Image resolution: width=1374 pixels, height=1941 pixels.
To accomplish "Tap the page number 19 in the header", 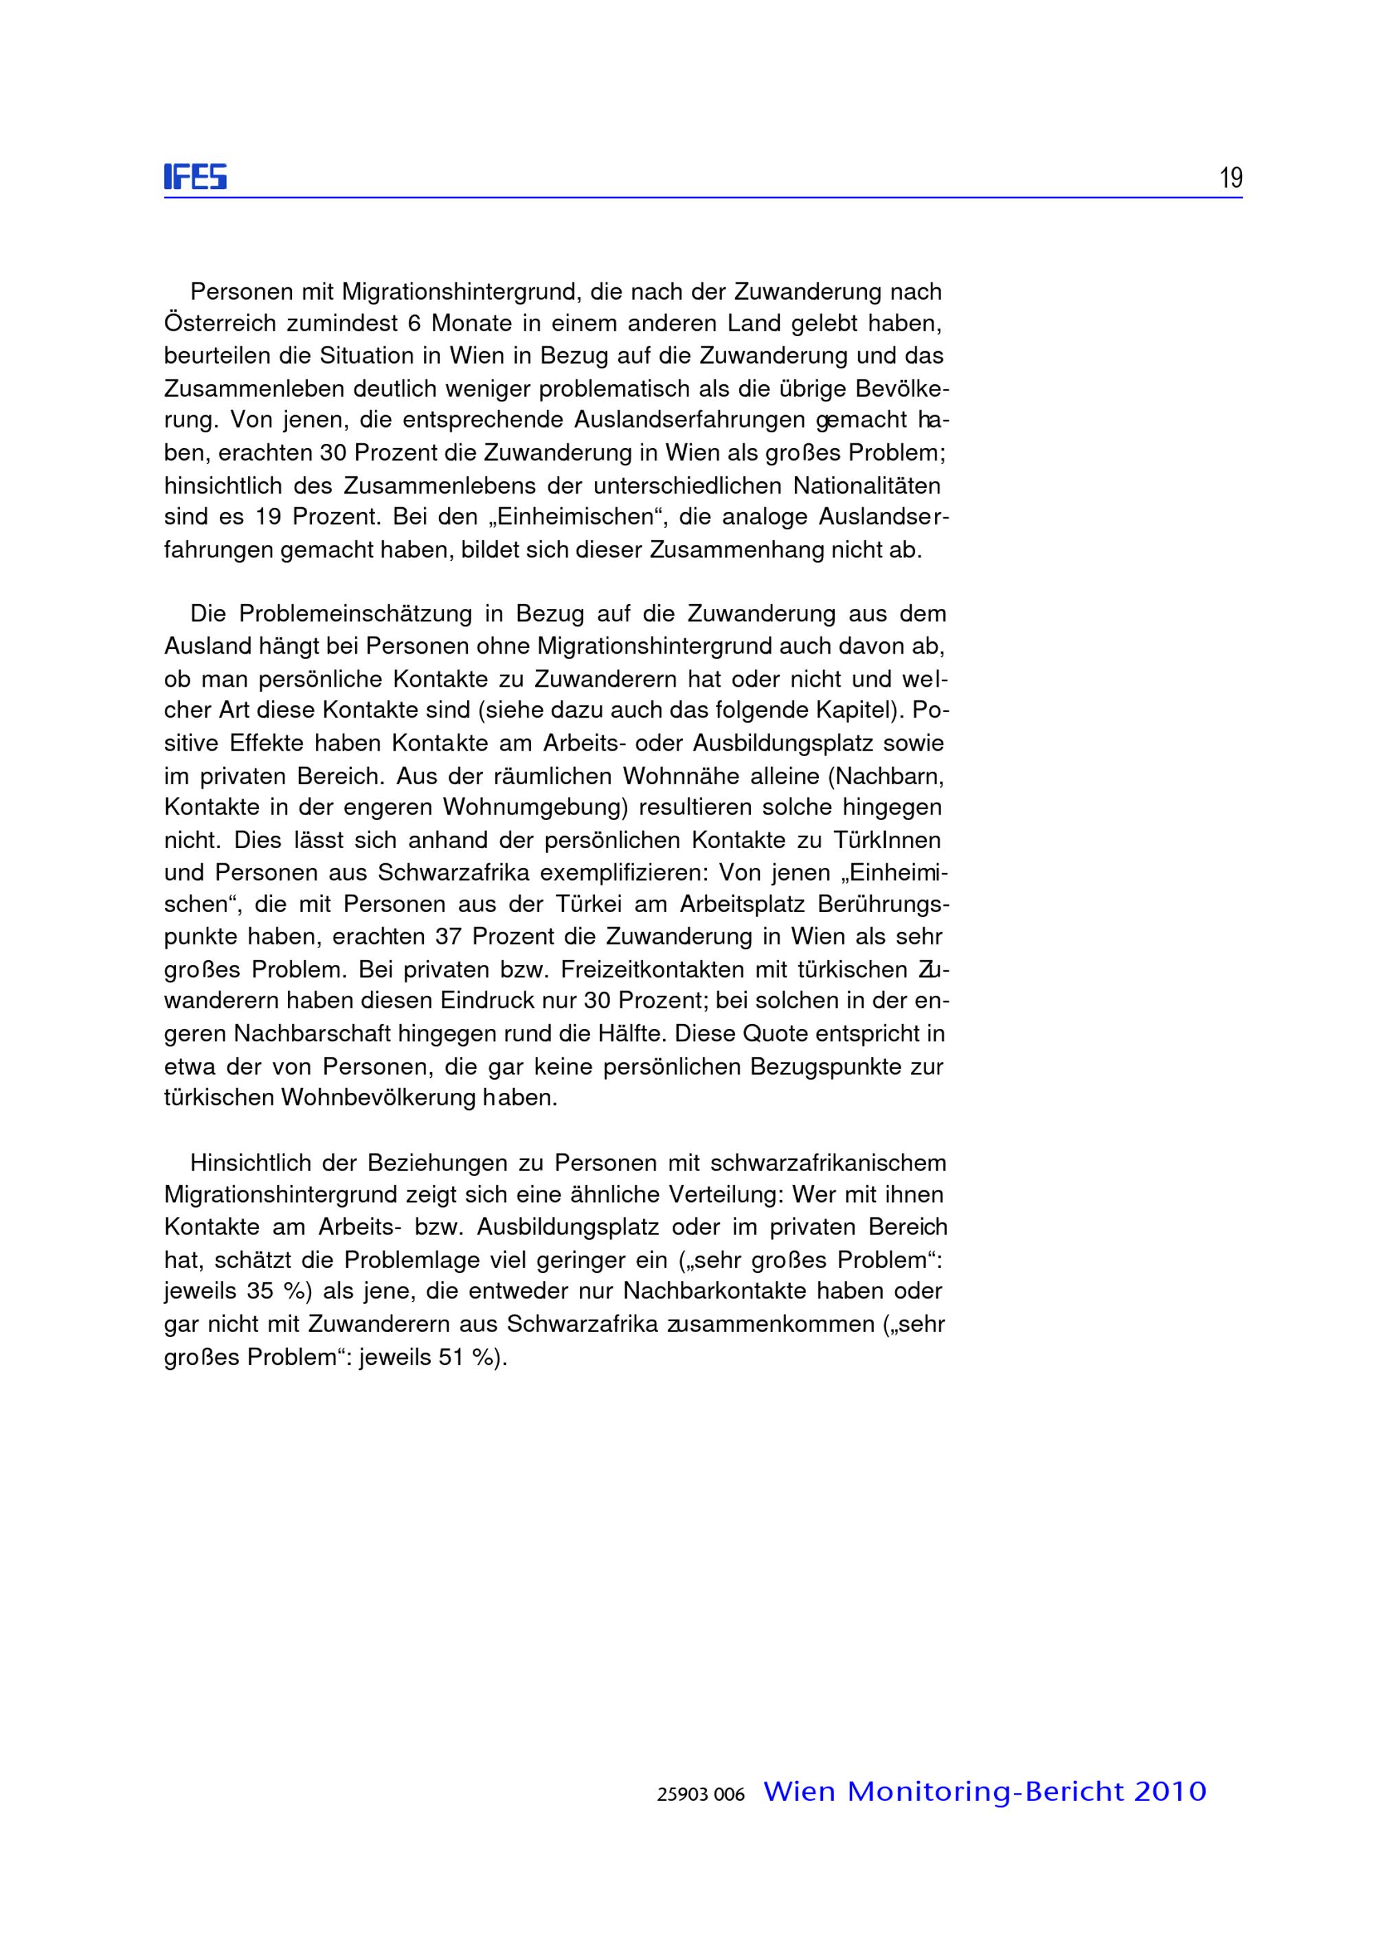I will pyautogui.click(x=1230, y=178).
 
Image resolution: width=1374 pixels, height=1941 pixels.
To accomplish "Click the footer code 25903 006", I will pyautogui.click(x=701, y=1795).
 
